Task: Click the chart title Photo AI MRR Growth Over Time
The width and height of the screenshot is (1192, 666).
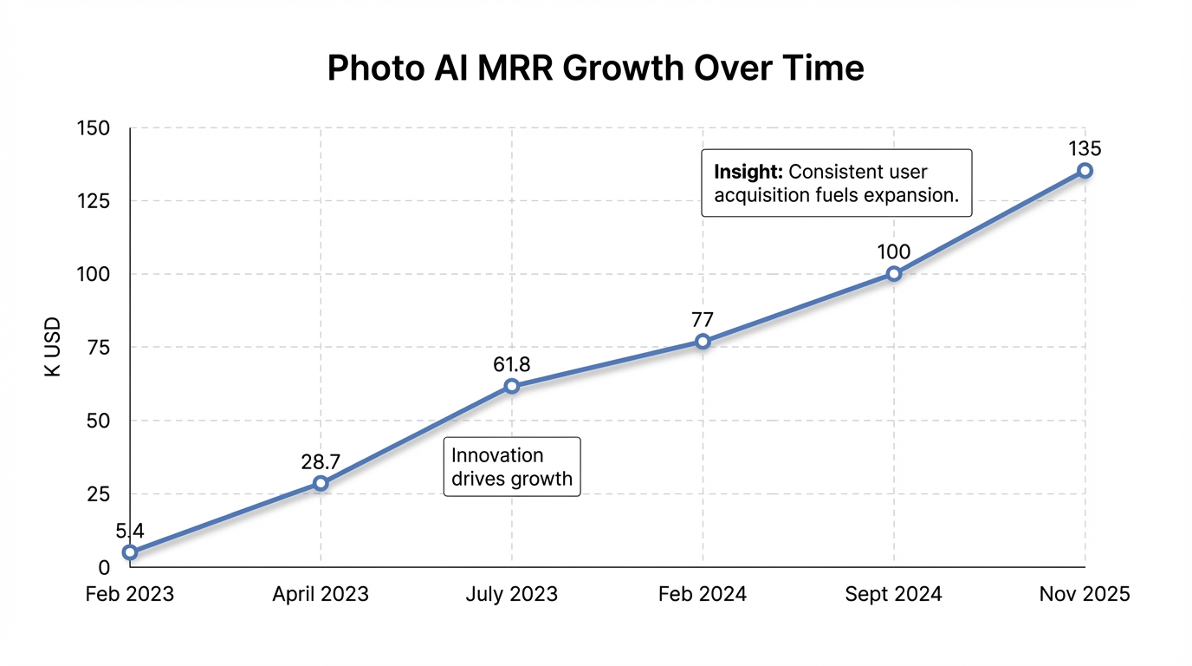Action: [595, 69]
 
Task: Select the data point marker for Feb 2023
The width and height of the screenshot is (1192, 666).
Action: [130, 552]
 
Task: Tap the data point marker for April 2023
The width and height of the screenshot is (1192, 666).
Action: [321, 483]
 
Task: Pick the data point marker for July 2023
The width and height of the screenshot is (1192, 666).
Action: [512, 386]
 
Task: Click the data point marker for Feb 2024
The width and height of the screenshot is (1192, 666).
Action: [703, 342]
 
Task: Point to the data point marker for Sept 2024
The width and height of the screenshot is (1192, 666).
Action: [894, 274]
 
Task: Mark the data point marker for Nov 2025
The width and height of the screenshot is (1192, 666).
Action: [1085, 171]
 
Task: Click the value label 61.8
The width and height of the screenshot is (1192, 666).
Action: [512, 364]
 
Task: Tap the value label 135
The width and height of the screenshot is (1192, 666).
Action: [1085, 148]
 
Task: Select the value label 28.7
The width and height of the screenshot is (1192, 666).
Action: [321, 461]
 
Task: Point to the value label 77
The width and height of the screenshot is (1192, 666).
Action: [703, 319]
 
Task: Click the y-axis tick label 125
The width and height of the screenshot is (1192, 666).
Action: [93, 201]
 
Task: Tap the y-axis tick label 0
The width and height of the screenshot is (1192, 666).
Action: [104, 567]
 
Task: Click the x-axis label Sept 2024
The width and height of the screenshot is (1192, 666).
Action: [894, 594]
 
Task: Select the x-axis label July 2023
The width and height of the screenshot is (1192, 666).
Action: [512, 594]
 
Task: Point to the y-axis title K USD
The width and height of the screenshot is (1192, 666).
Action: [53, 347]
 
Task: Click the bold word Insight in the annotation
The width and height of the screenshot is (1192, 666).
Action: [748, 172]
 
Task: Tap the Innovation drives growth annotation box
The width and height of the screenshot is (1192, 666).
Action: [512, 467]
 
